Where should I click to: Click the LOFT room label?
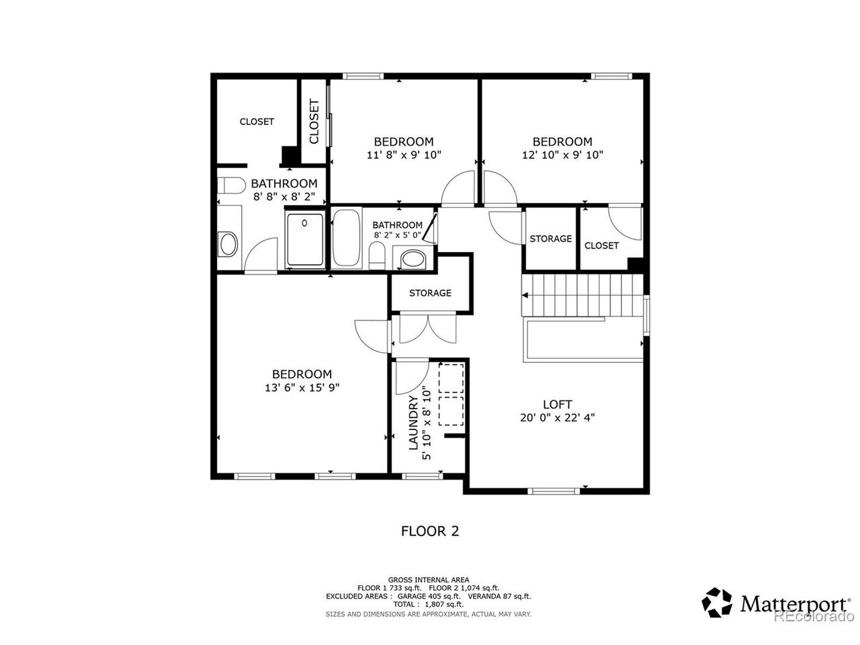(x=557, y=404)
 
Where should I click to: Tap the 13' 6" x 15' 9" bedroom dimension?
(x=302, y=388)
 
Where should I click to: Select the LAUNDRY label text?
(x=413, y=422)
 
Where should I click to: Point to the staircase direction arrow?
(x=525, y=295)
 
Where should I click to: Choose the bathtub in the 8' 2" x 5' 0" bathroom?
(x=346, y=238)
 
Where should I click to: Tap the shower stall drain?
(x=304, y=223)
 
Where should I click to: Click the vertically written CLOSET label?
(x=314, y=121)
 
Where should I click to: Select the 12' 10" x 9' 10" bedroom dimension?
(x=562, y=155)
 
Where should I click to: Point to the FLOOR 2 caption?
(x=429, y=531)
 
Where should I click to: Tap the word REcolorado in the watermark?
(x=814, y=616)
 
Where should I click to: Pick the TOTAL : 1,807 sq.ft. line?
(x=428, y=604)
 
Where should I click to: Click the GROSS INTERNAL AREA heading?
(x=428, y=580)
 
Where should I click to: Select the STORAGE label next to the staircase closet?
(x=550, y=239)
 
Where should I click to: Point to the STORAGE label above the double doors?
(x=430, y=293)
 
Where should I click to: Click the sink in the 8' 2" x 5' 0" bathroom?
(x=413, y=259)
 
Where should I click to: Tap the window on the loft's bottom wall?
(x=553, y=490)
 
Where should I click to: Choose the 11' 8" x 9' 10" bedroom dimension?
(x=404, y=155)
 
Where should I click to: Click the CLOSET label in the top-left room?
(x=257, y=122)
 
